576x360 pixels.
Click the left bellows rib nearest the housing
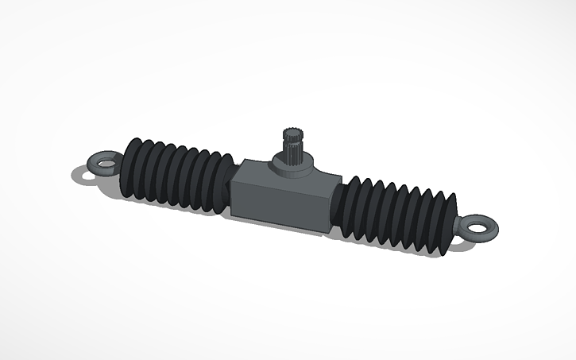224,188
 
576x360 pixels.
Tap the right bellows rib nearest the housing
346,207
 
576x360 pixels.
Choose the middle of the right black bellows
397,219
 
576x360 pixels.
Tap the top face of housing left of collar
258,168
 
